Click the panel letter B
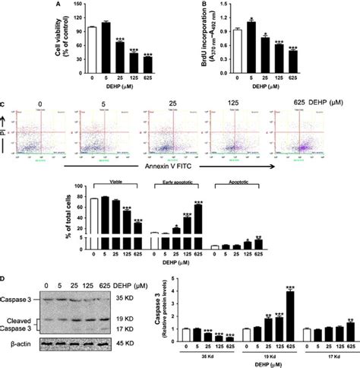point(207,5)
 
